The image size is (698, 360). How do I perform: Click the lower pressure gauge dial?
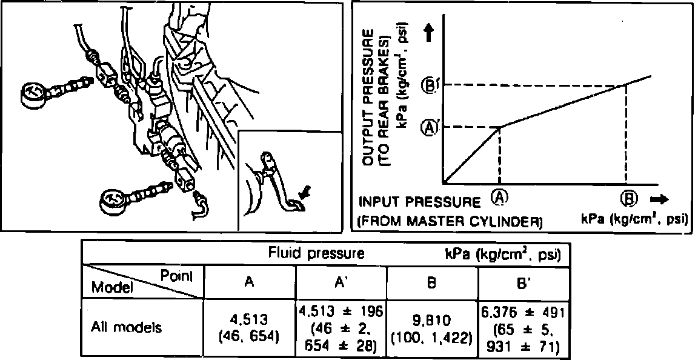point(116,201)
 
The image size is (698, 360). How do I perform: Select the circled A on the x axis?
point(499,198)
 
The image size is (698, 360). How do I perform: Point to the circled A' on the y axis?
point(429,128)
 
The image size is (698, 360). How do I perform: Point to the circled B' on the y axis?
point(429,85)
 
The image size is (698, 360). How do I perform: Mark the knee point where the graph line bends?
point(499,127)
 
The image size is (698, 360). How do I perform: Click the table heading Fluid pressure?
point(316,253)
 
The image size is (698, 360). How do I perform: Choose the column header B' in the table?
point(523,282)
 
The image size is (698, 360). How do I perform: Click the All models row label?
point(126,328)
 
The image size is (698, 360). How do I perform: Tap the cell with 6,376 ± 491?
point(523,313)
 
